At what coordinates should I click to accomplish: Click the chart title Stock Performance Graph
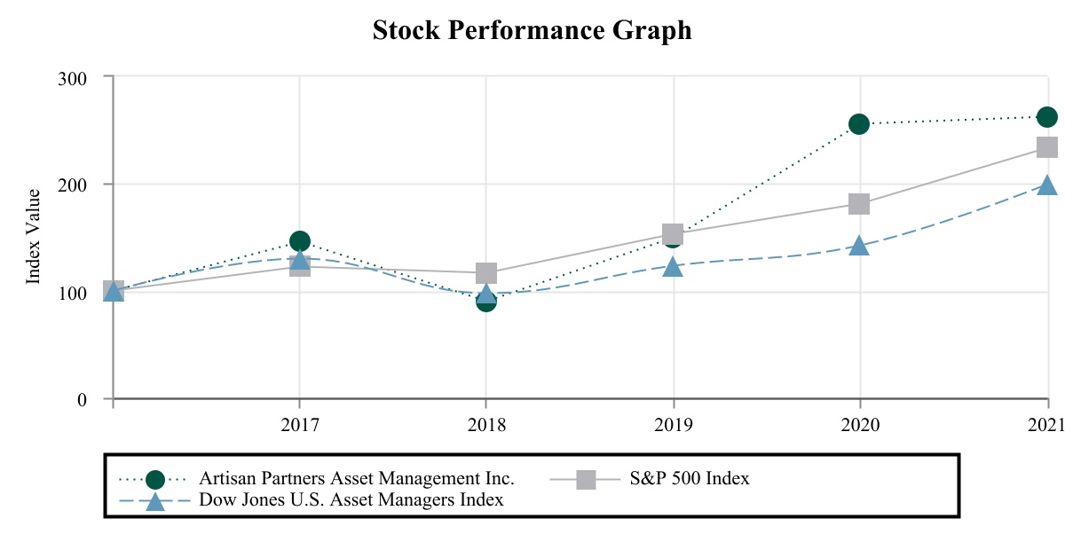(532, 30)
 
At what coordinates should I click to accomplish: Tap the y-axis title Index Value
(34, 236)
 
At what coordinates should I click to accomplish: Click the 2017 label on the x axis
(299, 425)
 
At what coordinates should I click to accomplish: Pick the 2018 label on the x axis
(486, 425)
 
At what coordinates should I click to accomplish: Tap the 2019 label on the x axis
(673, 425)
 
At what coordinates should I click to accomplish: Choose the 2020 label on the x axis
(859, 425)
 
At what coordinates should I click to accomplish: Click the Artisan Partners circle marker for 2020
(859, 124)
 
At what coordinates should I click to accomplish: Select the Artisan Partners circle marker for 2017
(300, 241)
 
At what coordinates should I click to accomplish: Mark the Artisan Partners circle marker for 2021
(1047, 117)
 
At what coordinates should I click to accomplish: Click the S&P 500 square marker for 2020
(859, 204)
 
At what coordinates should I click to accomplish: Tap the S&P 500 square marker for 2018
(486, 272)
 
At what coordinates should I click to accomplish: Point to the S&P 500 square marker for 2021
(1047, 147)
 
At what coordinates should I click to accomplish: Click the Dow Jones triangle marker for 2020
(859, 246)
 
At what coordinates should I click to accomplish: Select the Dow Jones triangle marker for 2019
(673, 266)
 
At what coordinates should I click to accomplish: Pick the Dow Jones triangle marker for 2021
(1047, 186)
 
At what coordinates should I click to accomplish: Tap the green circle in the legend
(155, 480)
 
